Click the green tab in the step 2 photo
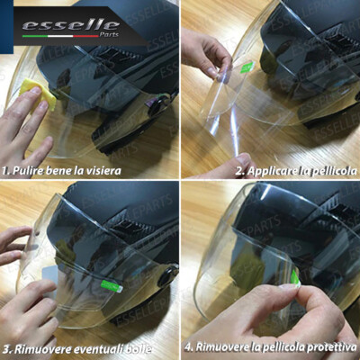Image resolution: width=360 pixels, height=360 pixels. [246, 66]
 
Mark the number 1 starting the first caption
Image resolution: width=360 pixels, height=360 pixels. [7, 169]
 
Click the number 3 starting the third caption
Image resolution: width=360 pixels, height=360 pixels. [6, 347]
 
